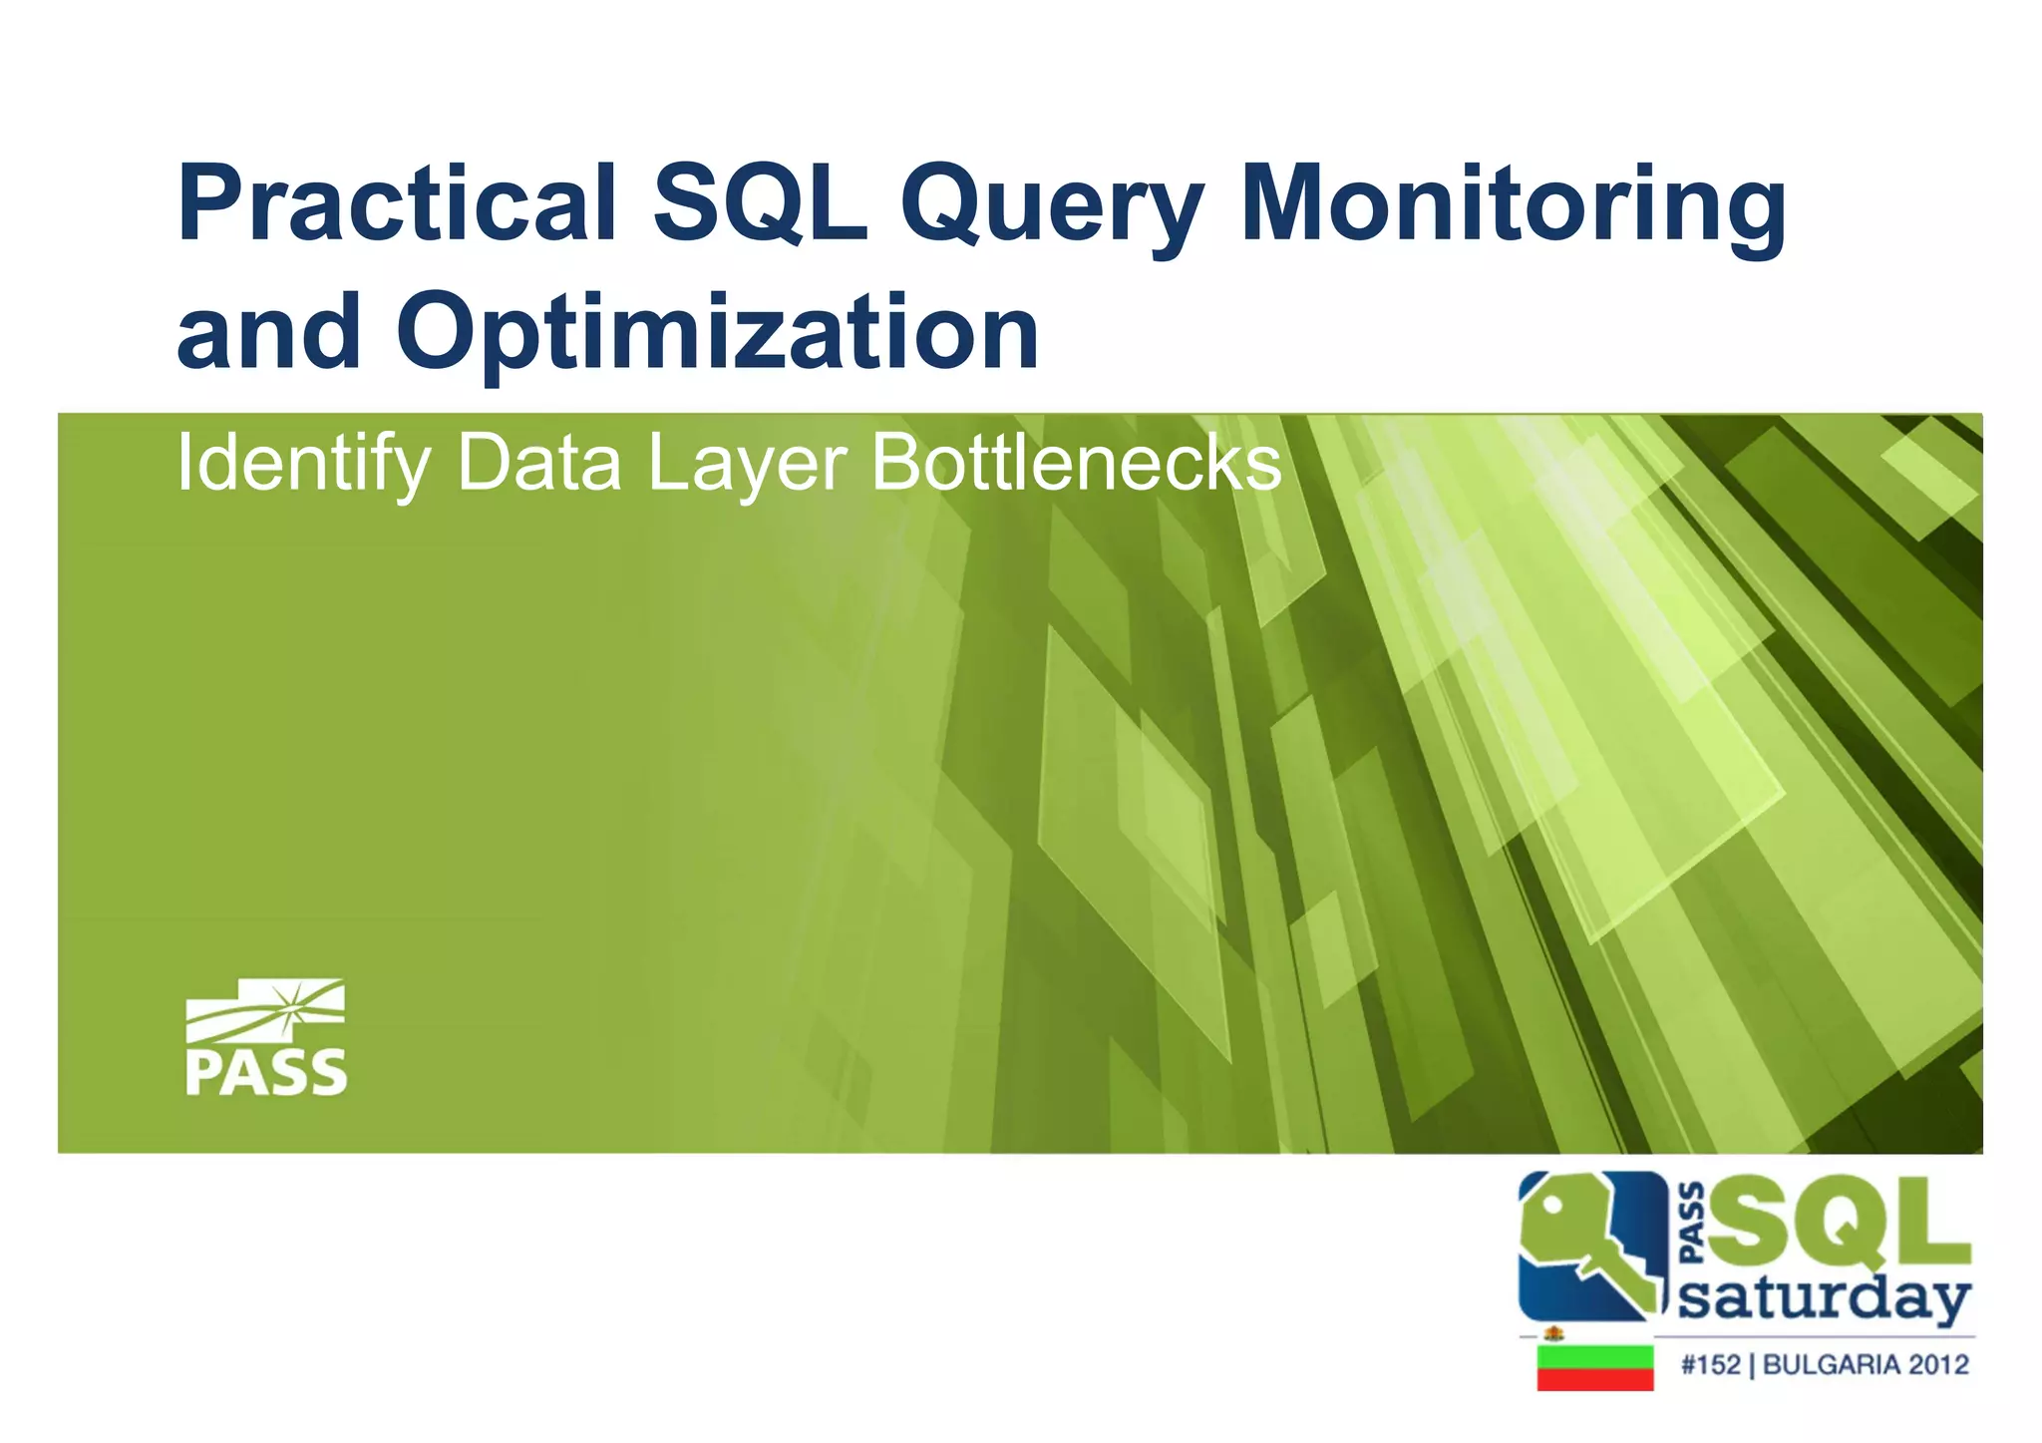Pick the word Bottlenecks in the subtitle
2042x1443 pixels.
coord(1076,464)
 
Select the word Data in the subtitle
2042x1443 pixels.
coord(538,464)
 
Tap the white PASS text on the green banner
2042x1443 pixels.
coord(266,1073)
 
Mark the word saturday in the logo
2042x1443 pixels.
coord(1824,1297)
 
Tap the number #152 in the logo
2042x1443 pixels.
coord(1710,1364)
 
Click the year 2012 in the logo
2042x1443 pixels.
coord(1939,1364)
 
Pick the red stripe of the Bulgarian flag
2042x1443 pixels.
coord(1594,1380)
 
